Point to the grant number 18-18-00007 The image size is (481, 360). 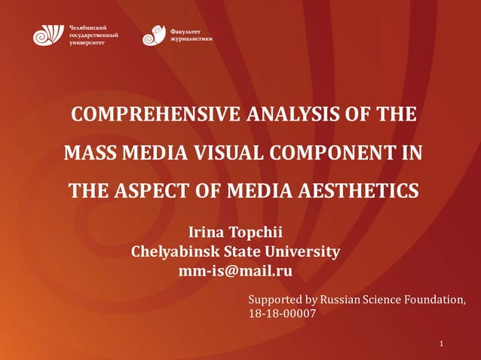(x=282, y=315)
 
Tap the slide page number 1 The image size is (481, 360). (x=441, y=344)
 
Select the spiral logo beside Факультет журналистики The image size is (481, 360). (x=153, y=35)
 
